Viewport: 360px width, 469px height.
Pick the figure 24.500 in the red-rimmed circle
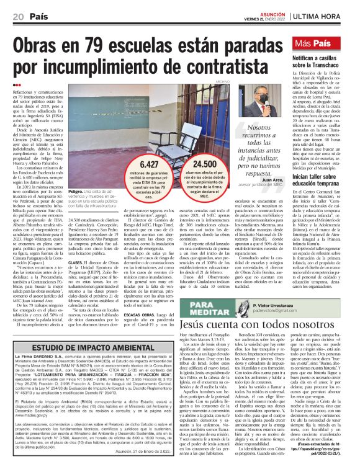pos(196,164)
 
